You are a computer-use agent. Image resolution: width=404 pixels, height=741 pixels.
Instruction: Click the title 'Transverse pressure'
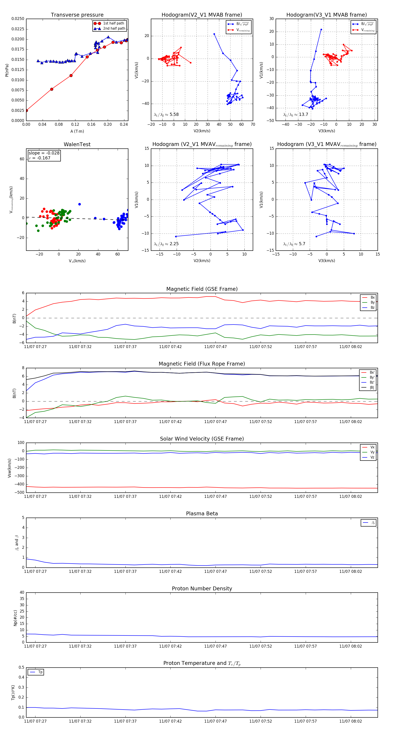[77, 15]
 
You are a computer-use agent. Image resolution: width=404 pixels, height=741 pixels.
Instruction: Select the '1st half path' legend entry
[114, 23]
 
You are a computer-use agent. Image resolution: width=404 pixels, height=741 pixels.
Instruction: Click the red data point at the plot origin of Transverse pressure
[26, 110]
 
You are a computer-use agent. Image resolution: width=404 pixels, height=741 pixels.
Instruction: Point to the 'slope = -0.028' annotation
[44, 153]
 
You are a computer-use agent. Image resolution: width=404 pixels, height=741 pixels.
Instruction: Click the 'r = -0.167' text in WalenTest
[40, 158]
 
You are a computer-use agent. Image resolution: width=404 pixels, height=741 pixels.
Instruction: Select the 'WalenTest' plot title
[77, 144]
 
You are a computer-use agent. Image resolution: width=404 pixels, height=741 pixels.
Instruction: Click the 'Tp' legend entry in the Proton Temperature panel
[40, 672]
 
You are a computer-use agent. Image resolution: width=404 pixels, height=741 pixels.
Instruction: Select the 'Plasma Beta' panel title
[202, 514]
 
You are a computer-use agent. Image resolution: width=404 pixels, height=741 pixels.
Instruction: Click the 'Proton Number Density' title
[202, 589]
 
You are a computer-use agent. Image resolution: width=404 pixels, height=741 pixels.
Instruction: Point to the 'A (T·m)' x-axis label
[77, 131]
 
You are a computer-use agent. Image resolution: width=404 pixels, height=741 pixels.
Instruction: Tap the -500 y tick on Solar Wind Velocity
[20, 492]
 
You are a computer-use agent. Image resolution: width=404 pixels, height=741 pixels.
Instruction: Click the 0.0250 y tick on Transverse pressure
[18, 19]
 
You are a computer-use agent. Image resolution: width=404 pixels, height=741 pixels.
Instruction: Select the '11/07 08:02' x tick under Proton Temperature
[351, 721]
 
